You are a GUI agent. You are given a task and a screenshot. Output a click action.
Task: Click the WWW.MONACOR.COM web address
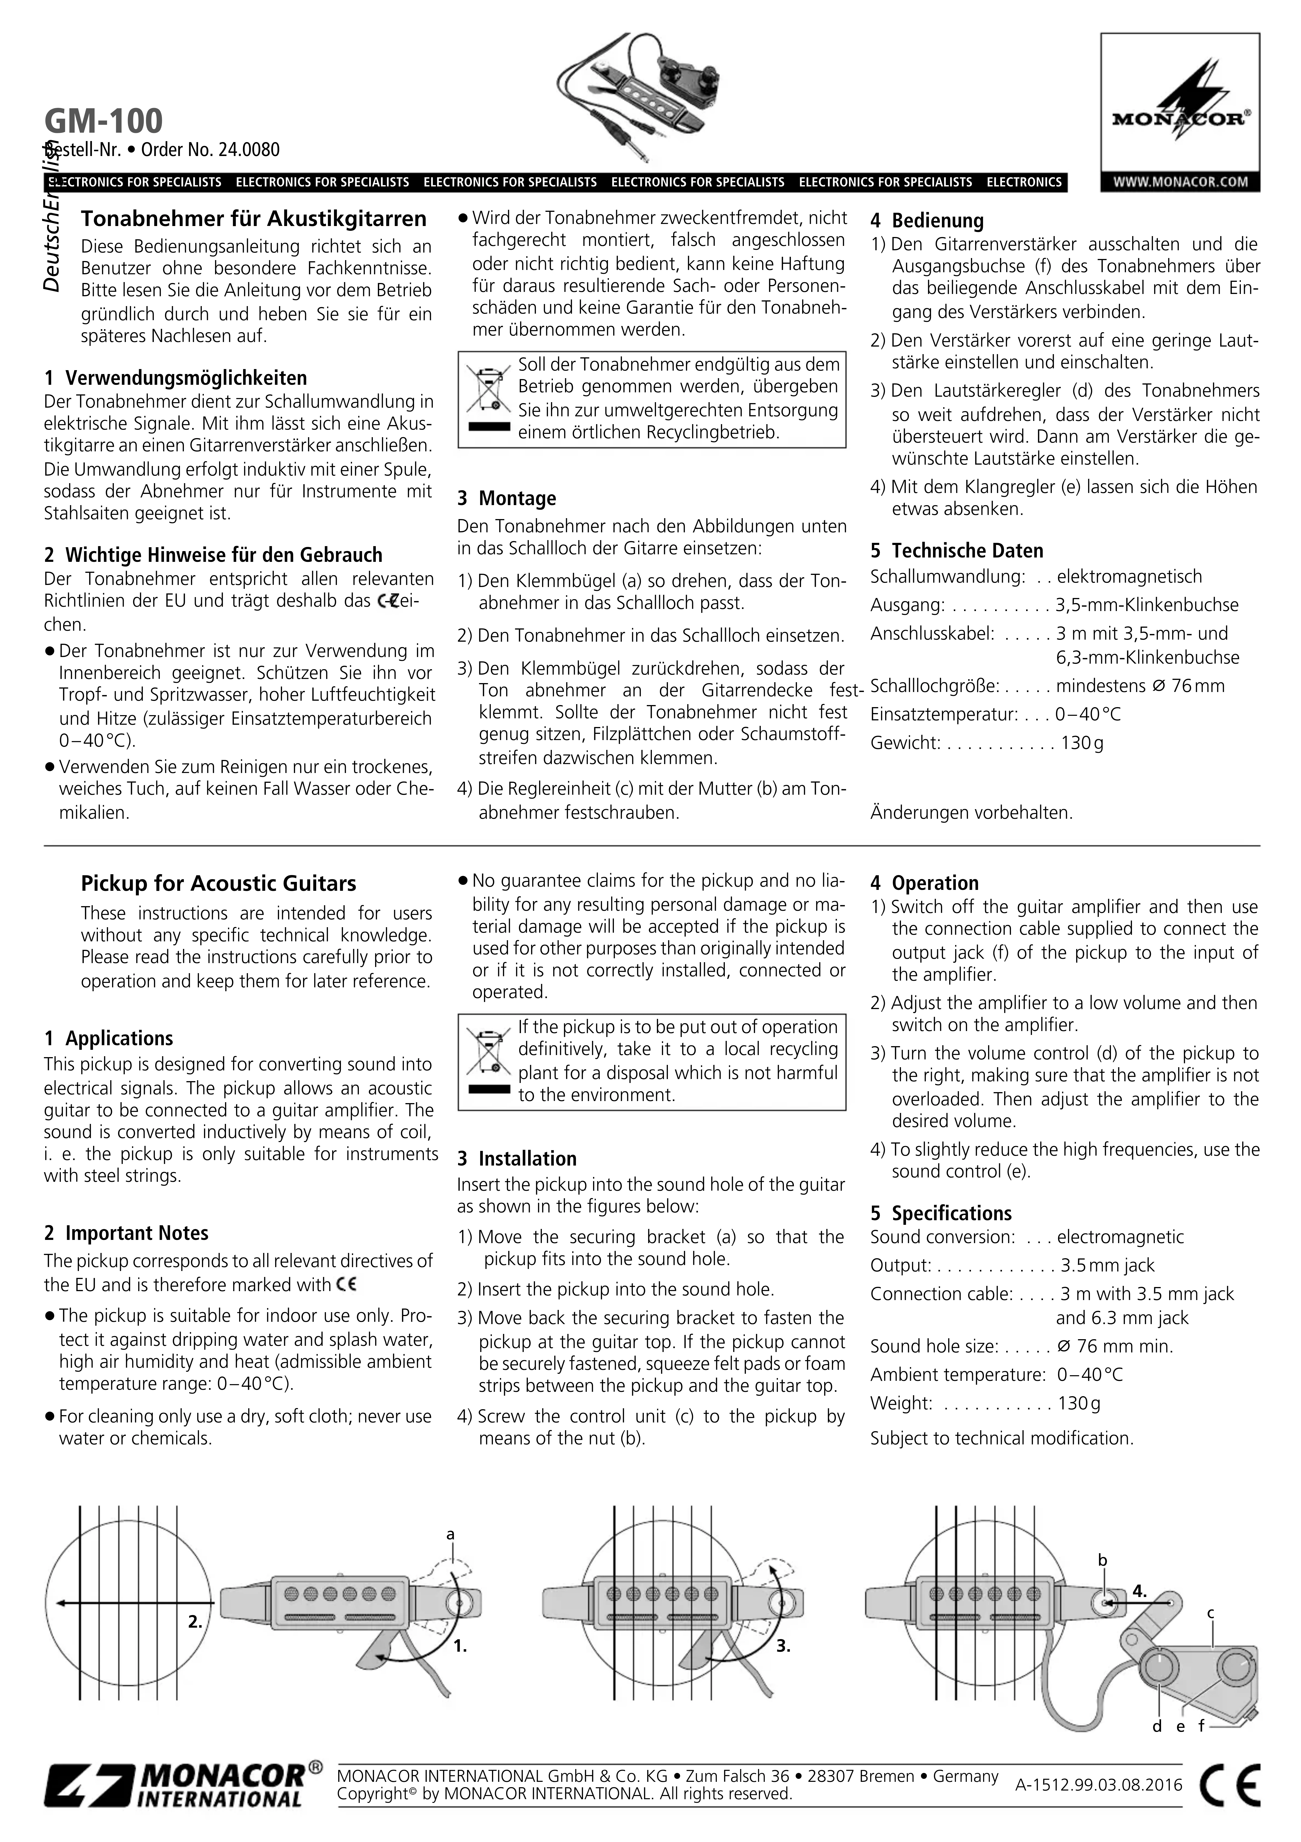click(x=1180, y=181)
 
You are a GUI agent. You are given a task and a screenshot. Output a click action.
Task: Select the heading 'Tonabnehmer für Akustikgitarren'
click(x=253, y=219)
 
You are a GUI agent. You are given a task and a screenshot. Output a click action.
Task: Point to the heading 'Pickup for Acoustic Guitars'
click(x=218, y=883)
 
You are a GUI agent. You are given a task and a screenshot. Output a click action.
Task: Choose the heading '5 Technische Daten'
click(x=957, y=550)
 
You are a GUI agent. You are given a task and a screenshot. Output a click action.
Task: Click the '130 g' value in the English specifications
click(x=1079, y=1403)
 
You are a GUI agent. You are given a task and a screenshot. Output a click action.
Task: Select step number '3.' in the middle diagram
click(x=783, y=1647)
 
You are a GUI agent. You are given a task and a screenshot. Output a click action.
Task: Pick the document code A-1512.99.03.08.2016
click(x=1098, y=1785)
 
